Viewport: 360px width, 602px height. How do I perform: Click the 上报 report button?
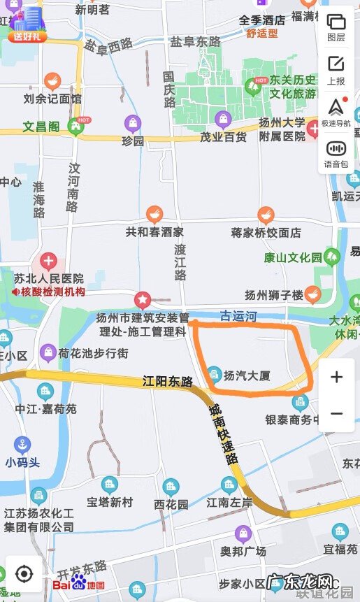click(336, 70)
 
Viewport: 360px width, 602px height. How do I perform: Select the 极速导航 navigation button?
click(336, 112)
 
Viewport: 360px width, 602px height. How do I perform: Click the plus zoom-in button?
click(336, 378)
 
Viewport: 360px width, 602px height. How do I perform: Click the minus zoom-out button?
click(336, 414)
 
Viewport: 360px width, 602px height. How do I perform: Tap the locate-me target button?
click(24, 575)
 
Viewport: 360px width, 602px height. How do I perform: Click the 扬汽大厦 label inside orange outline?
click(246, 375)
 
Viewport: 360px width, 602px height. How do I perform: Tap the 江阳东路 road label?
click(167, 382)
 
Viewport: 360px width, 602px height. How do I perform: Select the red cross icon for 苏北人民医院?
click(48, 262)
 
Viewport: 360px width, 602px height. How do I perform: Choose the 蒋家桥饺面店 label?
click(266, 232)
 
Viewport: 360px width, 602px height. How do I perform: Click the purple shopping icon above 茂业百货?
click(223, 120)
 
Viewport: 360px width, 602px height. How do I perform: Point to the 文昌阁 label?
click(41, 127)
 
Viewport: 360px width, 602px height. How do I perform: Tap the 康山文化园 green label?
click(293, 257)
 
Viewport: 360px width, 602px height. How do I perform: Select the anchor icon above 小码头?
click(23, 445)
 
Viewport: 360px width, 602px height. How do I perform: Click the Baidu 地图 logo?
click(79, 582)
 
